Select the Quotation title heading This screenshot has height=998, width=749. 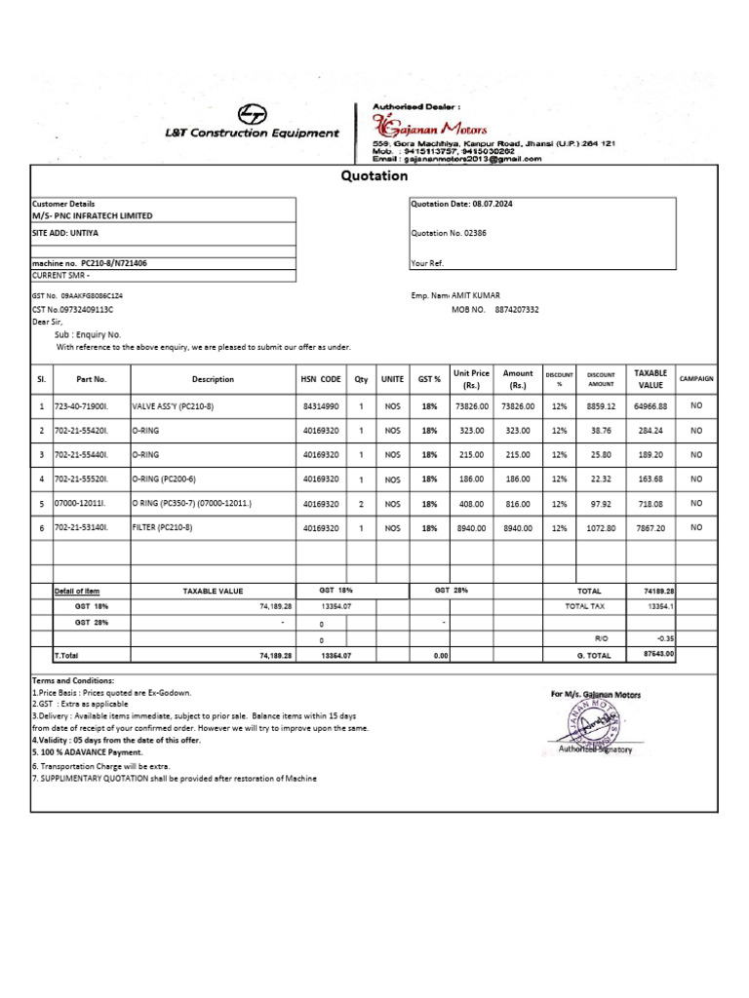coord(374,176)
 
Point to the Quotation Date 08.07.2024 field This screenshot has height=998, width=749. coord(461,205)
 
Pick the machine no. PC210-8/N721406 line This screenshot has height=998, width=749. coord(90,263)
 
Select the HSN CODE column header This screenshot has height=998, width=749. coord(320,379)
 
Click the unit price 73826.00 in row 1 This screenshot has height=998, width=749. coord(472,405)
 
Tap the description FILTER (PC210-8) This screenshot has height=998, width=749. coord(162,527)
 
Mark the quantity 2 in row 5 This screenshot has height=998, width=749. coord(361,503)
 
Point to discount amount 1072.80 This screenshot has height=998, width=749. coord(601,527)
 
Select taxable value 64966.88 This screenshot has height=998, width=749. coord(650,405)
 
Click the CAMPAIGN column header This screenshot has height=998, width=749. coord(696,378)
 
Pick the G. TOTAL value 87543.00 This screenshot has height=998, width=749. coord(659,655)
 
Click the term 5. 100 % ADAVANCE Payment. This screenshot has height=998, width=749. coord(87,752)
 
